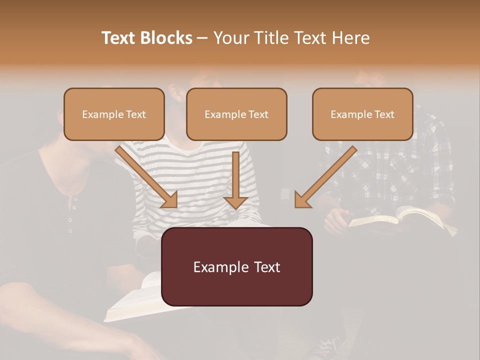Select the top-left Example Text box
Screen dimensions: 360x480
point(114,114)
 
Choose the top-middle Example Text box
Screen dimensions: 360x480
point(236,114)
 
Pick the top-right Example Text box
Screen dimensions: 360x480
point(362,114)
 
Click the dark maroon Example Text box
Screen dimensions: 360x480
point(236,266)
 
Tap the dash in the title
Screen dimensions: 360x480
point(202,38)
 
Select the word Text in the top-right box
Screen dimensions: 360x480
point(384,114)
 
